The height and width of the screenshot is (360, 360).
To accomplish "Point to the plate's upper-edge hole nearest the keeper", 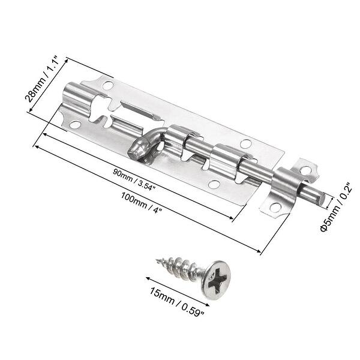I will pyautogui.click(x=245, y=143).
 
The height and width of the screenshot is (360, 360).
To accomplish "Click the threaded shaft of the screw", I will pyautogui.click(x=180, y=269).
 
